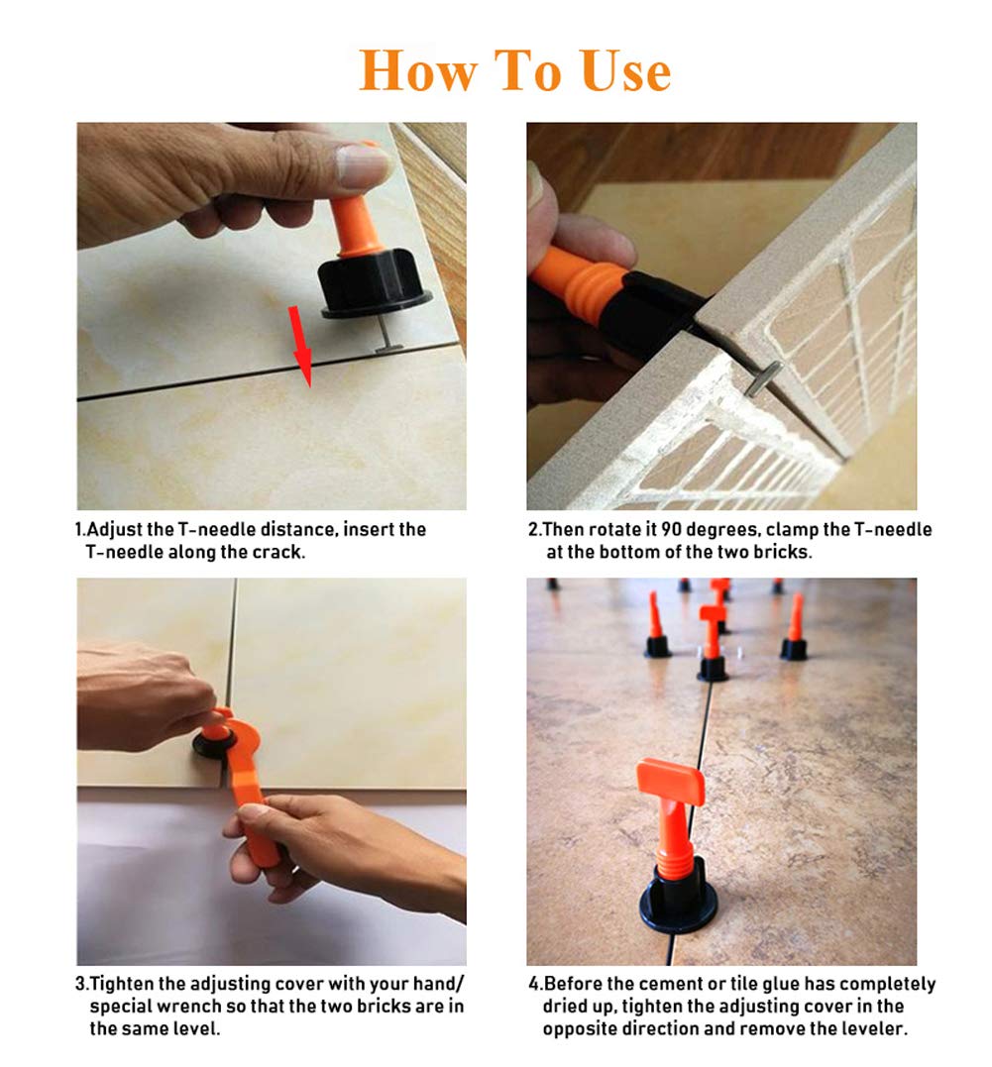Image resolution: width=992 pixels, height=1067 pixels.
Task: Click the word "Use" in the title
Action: (x=626, y=70)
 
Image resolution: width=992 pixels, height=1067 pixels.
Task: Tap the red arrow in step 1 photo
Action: (x=301, y=346)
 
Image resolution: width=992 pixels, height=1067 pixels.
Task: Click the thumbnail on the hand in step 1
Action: (x=363, y=166)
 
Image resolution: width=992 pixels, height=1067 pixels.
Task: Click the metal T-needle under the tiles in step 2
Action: (x=762, y=379)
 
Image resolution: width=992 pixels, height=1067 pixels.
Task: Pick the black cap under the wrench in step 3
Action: (x=215, y=744)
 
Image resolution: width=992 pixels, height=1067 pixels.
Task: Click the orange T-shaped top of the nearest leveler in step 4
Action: (x=670, y=783)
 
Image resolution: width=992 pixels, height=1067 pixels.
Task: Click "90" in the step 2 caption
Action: (x=673, y=529)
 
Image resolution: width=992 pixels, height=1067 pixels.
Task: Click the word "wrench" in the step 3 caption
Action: (x=188, y=1007)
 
